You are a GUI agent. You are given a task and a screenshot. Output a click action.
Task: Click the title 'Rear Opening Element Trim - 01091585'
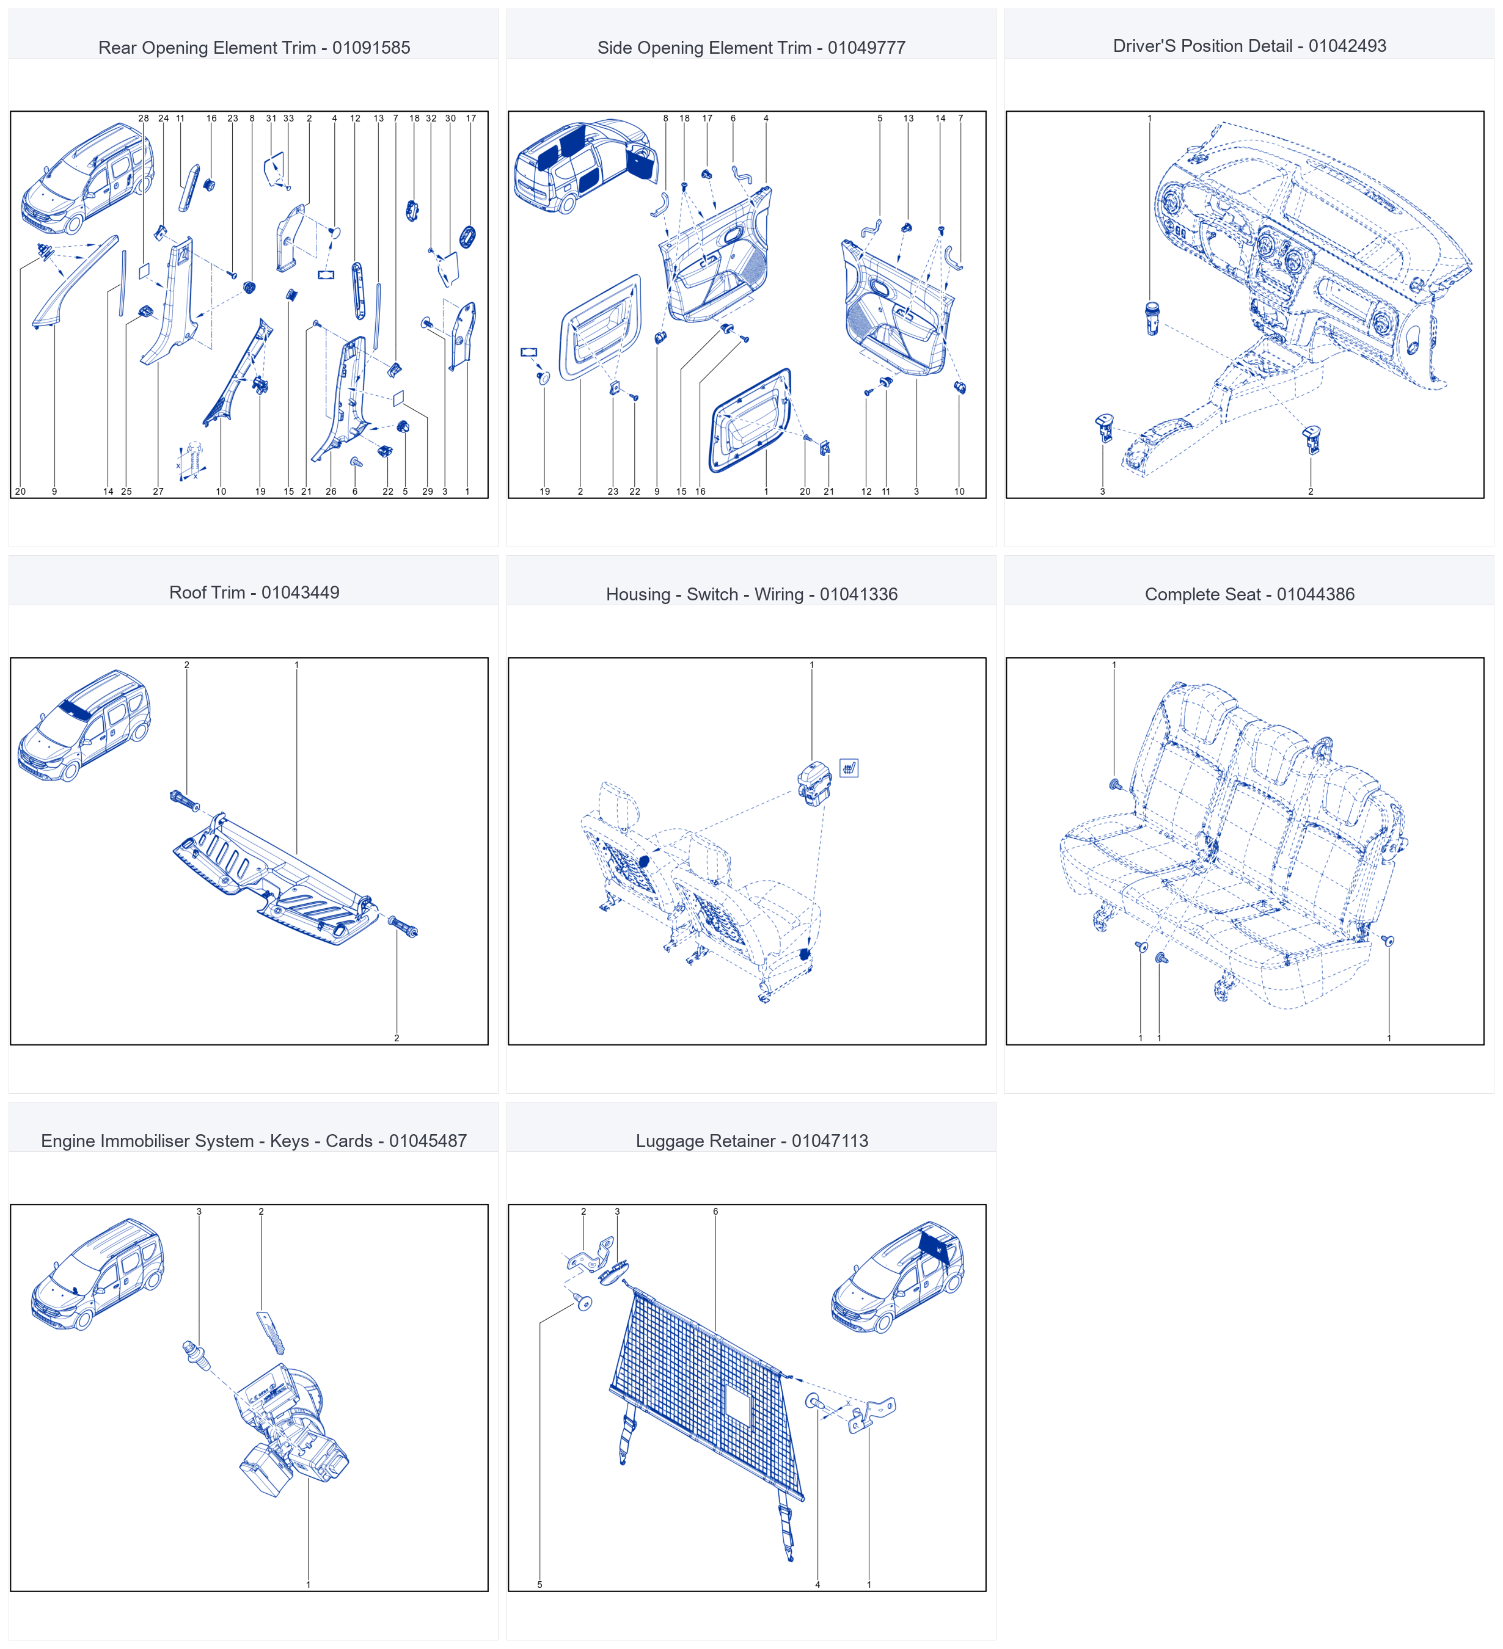click(x=254, y=48)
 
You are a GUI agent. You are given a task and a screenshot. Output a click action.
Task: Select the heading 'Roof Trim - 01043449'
click(x=254, y=592)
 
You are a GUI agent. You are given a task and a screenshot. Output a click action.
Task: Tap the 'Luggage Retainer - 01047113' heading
click(x=752, y=1140)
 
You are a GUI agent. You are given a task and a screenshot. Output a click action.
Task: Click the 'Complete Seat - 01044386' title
click(x=1249, y=594)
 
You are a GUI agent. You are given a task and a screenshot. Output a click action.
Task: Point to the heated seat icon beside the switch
click(x=849, y=768)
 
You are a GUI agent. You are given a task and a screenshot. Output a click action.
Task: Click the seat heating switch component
click(x=814, y=784)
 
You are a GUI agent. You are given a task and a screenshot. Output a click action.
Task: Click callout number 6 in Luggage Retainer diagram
click(x=715, y=1211)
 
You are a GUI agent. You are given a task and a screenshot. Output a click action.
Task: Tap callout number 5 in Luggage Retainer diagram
click(x=539, y=1584)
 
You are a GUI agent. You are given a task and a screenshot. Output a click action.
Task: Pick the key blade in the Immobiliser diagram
click(x=270, y=1333)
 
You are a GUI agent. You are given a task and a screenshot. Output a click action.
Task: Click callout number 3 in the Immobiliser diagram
click(x=199, y=1211)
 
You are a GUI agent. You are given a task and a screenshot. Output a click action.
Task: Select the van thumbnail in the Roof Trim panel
click(x=84, y=726)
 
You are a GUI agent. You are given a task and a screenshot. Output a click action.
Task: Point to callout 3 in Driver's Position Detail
click(x=1102, y=492)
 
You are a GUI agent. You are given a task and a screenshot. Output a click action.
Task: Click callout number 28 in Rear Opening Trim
click(x=143, y=118)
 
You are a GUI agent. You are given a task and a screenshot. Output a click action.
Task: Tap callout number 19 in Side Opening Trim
click(x=545, y=492)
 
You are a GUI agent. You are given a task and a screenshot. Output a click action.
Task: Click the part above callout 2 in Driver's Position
click(x=1311, y=439)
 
